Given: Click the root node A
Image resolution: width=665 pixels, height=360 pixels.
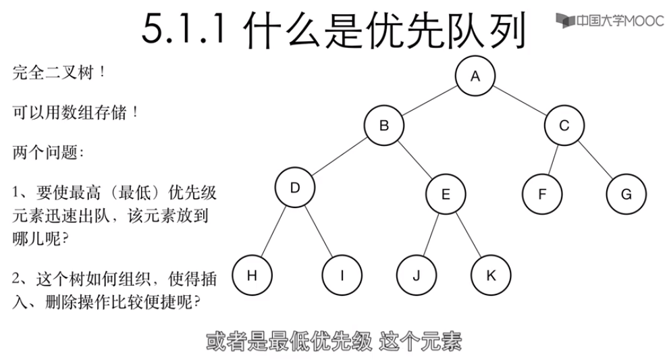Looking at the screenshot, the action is (x=475, y=77).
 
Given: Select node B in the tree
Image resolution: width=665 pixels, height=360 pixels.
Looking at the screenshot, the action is (x=384, y=126).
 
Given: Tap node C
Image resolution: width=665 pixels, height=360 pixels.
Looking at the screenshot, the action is (x=565, y=126).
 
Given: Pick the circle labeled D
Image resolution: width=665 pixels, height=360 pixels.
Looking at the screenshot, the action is (x=294, y=188).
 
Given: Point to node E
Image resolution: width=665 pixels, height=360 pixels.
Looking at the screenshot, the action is (x=446, y=195).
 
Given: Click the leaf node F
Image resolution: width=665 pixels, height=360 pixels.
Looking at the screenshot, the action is (x=541, y=195).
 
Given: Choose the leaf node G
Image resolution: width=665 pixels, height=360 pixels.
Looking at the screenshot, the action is (x=626, y=195).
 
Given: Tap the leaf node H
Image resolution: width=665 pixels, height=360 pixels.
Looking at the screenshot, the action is (x=252, y=275).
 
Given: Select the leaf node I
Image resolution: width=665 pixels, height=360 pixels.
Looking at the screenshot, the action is (x=342, y=276).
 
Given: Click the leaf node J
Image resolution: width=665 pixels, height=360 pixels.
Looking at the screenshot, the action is (x=417, y=276).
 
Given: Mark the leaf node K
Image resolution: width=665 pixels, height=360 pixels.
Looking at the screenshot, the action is (x=491, y=276).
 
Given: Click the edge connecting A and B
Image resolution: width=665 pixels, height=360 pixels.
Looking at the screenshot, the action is (x=429, y=101).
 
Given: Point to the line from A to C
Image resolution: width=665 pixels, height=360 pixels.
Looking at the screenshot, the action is (x=521, y=101).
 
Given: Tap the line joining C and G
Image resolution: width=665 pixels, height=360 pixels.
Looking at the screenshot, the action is (x=595, y=160).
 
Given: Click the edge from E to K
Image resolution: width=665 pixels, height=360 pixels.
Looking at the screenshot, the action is (x=468, y=235).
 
